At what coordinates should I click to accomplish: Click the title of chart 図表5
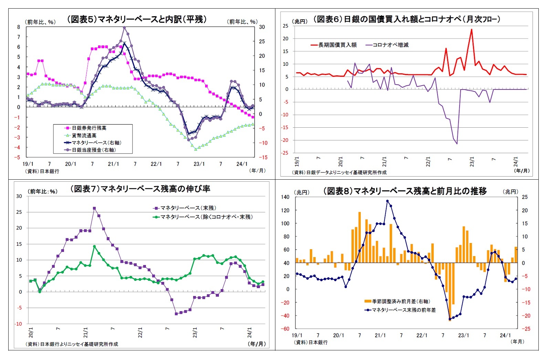click(x=137, y=19)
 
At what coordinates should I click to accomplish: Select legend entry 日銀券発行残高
click(x=89, y=128)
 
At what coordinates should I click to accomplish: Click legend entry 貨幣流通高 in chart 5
click(x=84, y=136)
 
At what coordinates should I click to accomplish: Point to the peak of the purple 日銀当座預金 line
click(x=124, y=28)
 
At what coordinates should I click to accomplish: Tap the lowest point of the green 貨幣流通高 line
click(x=196, y=149)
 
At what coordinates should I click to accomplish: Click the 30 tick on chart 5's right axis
click(x=262, y=27)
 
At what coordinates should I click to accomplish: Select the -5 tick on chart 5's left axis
click(x=19, y=157)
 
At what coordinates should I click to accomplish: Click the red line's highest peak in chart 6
click(x=471, y=29)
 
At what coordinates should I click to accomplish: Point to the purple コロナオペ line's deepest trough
click(x=457, y=144)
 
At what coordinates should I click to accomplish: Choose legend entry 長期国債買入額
click(x=337, y=45)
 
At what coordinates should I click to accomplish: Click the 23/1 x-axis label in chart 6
click(x=472, y=161)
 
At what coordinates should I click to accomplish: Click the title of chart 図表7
click(x=140, y=189)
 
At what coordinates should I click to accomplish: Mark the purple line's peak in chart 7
click(x=94, y=208)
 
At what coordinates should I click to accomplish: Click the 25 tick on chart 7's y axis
click(x=19, y=212)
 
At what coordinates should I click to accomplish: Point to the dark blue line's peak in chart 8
click(x=387, y=201)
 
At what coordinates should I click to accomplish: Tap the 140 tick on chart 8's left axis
click(x=285, y=197)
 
